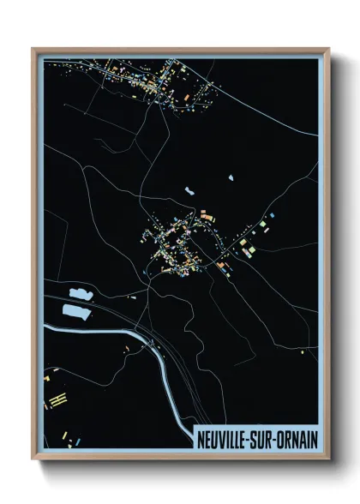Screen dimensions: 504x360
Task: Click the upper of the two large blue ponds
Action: pos(78,295)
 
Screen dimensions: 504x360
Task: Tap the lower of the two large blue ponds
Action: pos(75,310)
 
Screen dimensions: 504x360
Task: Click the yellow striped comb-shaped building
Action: pos(57,399)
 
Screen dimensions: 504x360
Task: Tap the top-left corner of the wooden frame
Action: pos(33,50)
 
